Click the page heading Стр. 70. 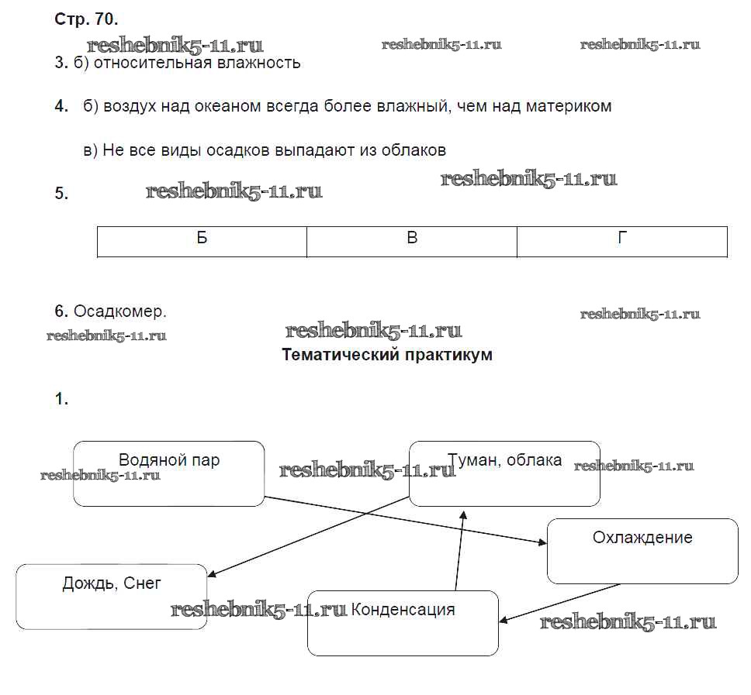pyautogui.click(x=86, y=19)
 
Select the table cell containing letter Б pyautogui.click(x=202, y=241)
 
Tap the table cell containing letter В pyautogui.click(x=412, y=241)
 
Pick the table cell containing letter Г pyautogui.click(x=622, y=241)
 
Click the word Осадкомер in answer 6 pyautogui.click(x=120, y=311)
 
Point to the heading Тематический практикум pyautogui.click(x=386, y=355)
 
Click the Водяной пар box pyautogui.click(x=168, y=474)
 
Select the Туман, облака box pyautogui.click(x=504, y=474)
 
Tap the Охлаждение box pyautogui.click(x=642, y=551)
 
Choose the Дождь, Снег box pyautogui.click(x=112, y=597)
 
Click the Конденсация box pyautogui.click(x=403, y=623)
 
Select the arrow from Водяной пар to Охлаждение pyautogui.click(x=403, y=521)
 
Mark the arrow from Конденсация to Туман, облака pyautogui.click(x=459, y=550)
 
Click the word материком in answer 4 pyautogui.click(x=569, y=106)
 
